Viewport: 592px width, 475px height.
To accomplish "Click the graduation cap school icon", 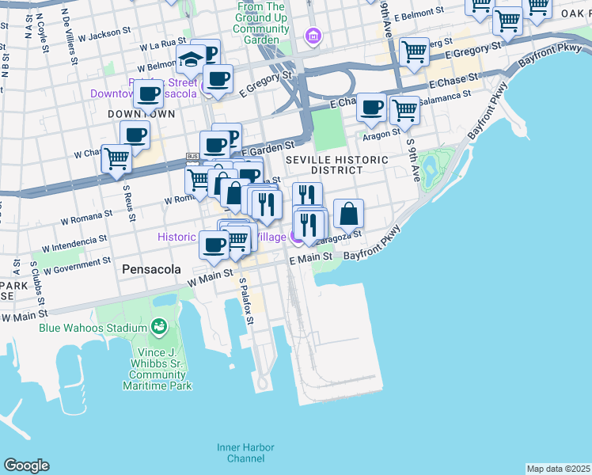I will (x=191, y=59).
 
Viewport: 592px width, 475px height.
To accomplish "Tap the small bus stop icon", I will (x=192, y=156).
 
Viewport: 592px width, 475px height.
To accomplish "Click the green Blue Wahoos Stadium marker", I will (x=158, y=327).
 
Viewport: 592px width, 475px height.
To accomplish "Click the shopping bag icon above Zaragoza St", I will (x=348, y=214).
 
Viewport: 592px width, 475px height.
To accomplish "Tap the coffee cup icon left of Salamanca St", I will (x=371, y=108).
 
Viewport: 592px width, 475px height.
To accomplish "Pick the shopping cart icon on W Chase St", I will (x=117, y=158).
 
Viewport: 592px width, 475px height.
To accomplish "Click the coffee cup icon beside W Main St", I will (x=214, y=245).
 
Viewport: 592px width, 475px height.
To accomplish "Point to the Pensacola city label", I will (x=153, y=269).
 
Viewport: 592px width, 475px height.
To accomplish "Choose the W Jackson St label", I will (x=103, y=33).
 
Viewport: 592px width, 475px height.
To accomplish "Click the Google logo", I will (x=26, y=465).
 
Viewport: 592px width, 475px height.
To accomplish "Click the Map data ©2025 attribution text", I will (x=558, y=469).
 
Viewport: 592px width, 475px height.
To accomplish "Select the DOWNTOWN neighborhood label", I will (x=141, y=115).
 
